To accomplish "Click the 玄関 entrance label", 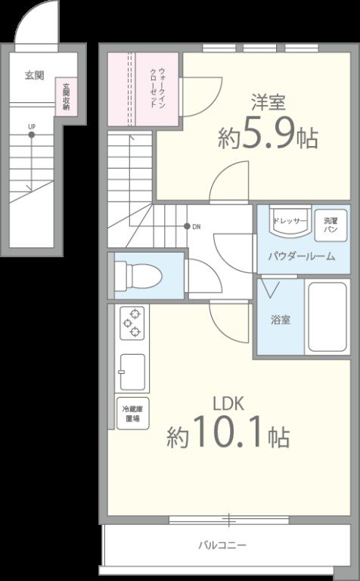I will [x=34, y=75].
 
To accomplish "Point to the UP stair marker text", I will [x=32, y=126].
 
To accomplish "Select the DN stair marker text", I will [x=197, y=226].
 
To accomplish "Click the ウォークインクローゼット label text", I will [x=158, y=89].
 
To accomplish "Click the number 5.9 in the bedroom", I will [x=266, y=137].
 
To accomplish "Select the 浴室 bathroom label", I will [x=281, y=318].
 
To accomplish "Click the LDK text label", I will [x=227, y=402].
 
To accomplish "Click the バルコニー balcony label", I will [x=222, y=545].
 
